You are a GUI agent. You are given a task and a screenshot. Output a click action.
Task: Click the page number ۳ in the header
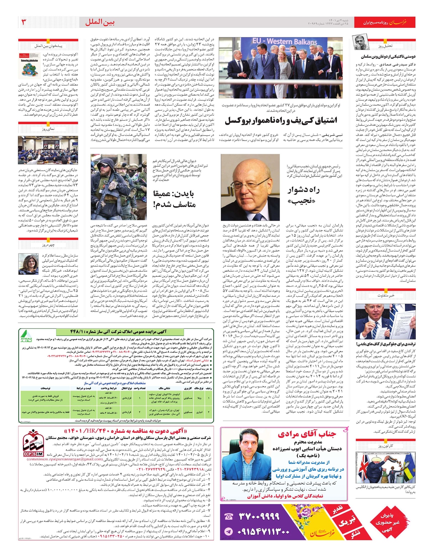click(25, 22)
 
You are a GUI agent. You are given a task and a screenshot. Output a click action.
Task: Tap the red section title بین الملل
click(100, 22)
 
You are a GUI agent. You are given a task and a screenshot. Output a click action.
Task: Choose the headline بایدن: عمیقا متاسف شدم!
click(174, 199)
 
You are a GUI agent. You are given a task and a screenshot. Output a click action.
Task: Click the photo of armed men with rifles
click(118, 187)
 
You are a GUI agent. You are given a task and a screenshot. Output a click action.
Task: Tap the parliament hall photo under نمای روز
click(48, 150)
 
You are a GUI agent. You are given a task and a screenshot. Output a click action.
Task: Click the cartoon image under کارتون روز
click(385, 467)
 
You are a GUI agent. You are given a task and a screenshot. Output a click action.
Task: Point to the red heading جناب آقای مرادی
click(306, 434)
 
